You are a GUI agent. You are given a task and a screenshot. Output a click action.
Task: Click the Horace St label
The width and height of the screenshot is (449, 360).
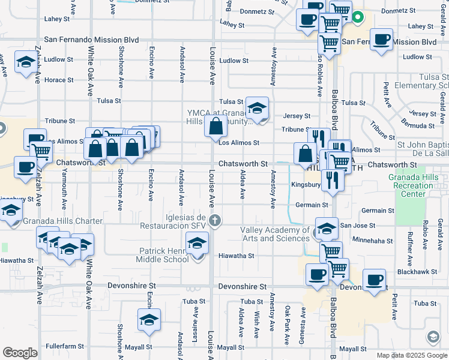click(59, 80)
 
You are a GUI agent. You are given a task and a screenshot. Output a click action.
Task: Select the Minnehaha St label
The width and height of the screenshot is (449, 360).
click(373, 241)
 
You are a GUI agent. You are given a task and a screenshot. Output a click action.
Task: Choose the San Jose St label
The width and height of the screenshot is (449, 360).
click(357, 226)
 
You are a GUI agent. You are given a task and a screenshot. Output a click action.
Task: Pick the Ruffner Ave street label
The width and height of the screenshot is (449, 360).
click(410, 249)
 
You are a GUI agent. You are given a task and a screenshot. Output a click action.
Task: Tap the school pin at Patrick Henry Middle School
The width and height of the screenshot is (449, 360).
click(196, 244)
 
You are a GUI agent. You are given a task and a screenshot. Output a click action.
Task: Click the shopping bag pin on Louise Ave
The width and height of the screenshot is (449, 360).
click(215, 127)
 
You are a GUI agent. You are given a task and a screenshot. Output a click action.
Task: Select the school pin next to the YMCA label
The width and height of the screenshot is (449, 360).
click(257, 108)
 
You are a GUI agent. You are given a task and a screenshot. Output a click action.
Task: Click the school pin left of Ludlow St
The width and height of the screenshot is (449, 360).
click(25, 63)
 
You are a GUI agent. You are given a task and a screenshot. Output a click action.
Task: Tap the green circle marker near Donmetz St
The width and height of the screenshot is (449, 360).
click(358, 17)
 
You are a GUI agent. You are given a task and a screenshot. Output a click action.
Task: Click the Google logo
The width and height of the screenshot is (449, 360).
click(20, 353)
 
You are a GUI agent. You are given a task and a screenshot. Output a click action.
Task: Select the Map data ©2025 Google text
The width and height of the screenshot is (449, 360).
click(411, 355)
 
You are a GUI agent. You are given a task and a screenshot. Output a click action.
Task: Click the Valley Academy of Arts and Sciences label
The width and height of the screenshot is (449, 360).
click(275, 235)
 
